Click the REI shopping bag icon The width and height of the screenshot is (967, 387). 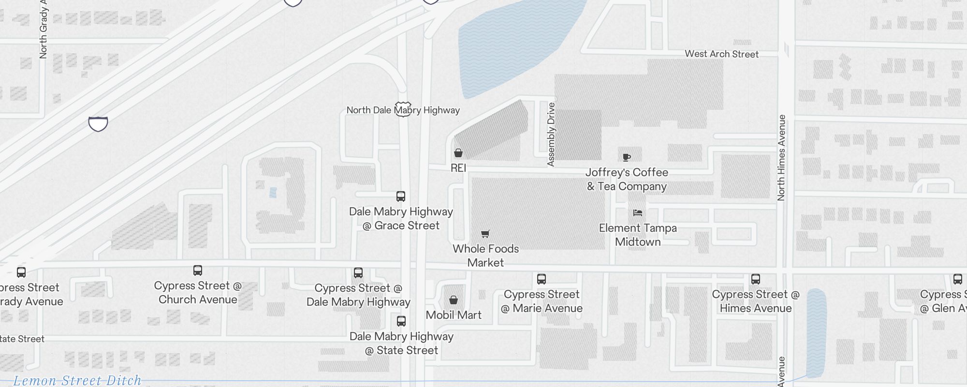click(458, 153)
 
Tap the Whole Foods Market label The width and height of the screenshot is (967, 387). click(485, 255)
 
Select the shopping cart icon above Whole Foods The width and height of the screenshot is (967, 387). click(485, 234)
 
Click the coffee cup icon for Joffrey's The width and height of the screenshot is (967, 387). click(627, 157)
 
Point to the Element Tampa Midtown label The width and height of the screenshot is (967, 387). click(638, 235)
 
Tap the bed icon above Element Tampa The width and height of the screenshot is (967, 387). click(638, 213)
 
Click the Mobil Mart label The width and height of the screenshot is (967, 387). click(454, 315)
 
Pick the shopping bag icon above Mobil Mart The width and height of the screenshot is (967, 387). click(454, 300)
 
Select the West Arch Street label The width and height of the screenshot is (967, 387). click(721, 54)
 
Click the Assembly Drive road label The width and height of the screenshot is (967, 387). click(551, 134)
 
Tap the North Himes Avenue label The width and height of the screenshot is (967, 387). click(781, 158)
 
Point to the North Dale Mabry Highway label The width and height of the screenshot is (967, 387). click(403, 110)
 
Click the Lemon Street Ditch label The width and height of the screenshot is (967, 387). click(77, 380)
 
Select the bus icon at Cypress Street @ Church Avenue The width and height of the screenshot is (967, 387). click(198, 270)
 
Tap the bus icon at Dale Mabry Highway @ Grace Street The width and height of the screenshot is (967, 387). click(401, 196)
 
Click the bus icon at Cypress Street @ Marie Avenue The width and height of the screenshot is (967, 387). click(542, 279)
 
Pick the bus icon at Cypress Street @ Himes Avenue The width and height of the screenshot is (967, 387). click(756, 279)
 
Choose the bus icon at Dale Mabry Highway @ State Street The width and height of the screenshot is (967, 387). click(401, 321)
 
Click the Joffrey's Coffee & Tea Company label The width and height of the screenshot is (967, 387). click(627, 179)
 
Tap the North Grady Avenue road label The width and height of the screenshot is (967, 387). click(44, 29)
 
